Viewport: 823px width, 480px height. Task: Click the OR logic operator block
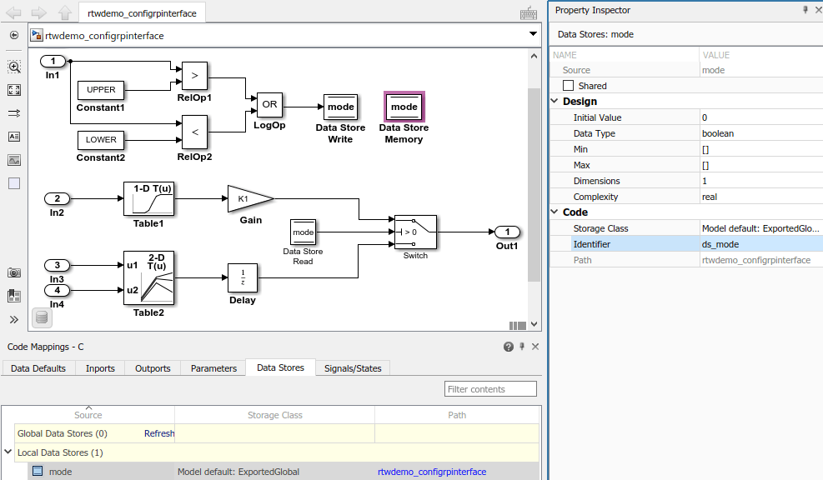point(269,105)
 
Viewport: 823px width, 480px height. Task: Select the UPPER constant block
point(101,89)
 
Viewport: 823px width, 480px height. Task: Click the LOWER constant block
point(101,139)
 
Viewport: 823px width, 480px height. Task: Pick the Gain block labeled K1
point(248,199)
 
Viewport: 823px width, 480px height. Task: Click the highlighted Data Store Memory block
point(404,107)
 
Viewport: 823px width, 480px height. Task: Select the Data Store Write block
point(340,107)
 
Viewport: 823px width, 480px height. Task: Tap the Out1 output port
point(507,232)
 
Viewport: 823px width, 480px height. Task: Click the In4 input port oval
point(57,290)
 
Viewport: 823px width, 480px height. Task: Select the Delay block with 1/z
point(243,277)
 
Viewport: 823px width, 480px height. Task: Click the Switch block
point(415,232)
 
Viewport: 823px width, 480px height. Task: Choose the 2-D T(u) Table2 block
point(149,277)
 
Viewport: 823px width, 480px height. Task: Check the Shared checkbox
point(569,86)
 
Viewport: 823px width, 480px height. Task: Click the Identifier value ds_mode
point(720,244)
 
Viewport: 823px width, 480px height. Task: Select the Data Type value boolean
point(718,133)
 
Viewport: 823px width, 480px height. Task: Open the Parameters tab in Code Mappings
point(213,368)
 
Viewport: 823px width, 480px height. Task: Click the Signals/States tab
point(353,368)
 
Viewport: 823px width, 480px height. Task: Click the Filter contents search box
point(490,389)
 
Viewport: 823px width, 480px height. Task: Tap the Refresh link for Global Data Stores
point(159,433)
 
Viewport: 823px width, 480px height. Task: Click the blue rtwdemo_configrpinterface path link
point(432,472)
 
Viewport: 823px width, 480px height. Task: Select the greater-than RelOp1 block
point(194,75)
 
